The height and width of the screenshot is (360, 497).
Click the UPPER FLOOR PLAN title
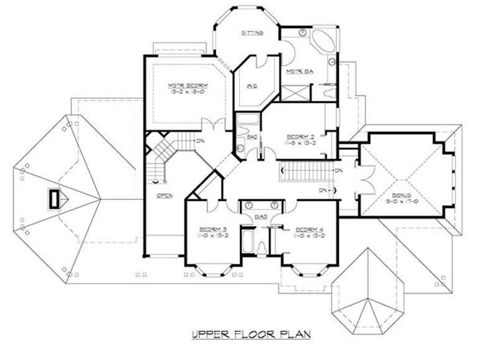251,334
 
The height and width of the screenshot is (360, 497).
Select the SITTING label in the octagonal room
252,33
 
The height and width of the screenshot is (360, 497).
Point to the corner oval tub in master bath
325,41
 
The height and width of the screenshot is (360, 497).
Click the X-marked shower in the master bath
294,93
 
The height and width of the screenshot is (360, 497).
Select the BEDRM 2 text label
301,136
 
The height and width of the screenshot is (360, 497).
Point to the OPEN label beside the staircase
165,195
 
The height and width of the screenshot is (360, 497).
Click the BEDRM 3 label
213,229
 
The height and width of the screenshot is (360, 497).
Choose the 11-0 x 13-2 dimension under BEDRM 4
310,236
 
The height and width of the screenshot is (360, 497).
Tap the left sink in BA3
248,205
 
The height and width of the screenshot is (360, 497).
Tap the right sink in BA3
273,205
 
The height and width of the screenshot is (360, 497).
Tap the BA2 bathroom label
251,137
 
